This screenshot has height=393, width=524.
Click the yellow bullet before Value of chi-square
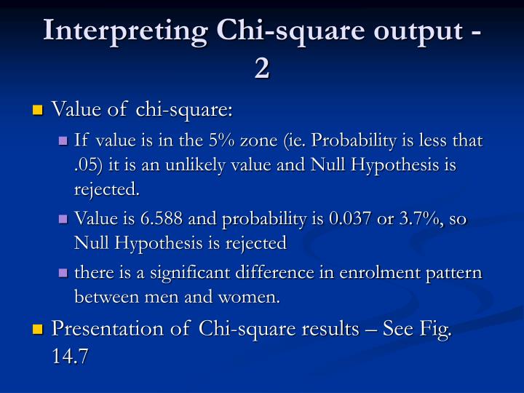click(38, 111)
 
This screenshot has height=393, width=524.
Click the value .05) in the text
click(90, 165)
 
